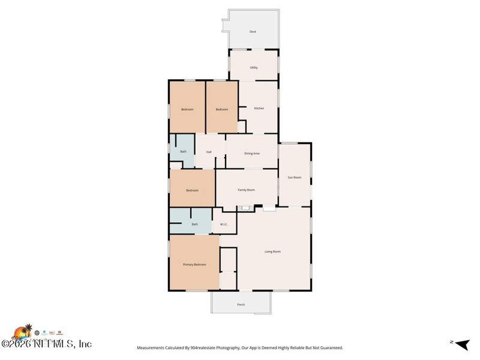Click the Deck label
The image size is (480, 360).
[253, 32]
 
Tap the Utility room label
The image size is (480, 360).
[254, 67]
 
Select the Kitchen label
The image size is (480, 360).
[259, 109]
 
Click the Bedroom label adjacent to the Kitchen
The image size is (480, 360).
[222, 109]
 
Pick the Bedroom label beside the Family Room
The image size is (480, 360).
[192, 190]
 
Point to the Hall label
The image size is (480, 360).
[209, 152]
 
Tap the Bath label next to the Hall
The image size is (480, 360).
[183, 152]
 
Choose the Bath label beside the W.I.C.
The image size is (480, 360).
[194, 224]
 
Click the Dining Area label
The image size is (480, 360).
[252, 154]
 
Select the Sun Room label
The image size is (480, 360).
[295, 178]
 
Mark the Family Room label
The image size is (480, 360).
[246, 190]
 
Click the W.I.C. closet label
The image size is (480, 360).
[223, 224]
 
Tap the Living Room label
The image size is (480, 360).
[272, 251]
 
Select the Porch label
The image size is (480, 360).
[241, 305]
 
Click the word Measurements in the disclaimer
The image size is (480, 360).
[153, 348]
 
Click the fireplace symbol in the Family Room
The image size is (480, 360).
[245, 208]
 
